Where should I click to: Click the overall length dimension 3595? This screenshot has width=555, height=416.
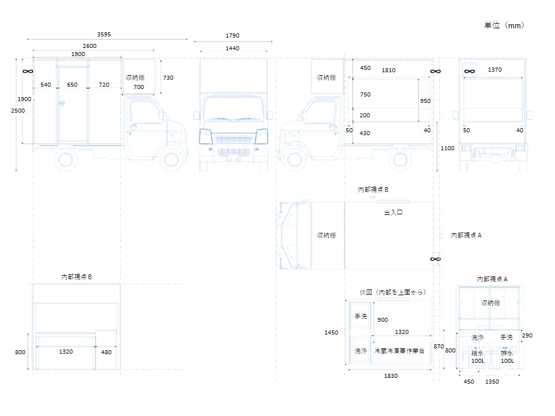click(104, 34)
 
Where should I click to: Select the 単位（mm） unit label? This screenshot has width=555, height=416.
click(504, 25)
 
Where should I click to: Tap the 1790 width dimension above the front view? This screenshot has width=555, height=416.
click(232, 35)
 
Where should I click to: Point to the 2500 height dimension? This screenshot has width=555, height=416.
click(18, 111)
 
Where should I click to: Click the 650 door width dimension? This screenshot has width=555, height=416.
click(72, 84)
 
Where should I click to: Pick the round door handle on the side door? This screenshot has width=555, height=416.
click(62, 103)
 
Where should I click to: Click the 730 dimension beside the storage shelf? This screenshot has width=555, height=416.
click(168, 77)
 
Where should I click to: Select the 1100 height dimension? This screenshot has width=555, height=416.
click(447, 148)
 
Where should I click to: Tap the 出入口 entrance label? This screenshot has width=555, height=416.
click(393, 213)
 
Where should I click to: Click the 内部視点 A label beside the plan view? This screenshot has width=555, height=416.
click(466, 235)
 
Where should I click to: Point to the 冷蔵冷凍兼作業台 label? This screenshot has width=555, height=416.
click(399, 351)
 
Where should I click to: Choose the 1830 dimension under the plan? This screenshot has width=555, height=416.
click(391, 376)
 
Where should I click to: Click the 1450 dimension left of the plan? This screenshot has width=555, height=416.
click(331, 333)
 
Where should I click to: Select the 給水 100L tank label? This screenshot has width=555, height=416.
click(478, 357)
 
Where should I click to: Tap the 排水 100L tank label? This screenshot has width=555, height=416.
click(507, 357)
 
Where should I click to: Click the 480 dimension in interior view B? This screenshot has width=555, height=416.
click(106, 352)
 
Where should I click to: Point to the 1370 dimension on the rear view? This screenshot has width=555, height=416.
click(495, 70)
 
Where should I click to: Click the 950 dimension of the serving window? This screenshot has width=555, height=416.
click(425, 101)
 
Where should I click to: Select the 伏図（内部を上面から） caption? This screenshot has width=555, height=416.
click(393, 292)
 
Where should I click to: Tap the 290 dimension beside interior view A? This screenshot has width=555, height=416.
click(527, 335)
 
